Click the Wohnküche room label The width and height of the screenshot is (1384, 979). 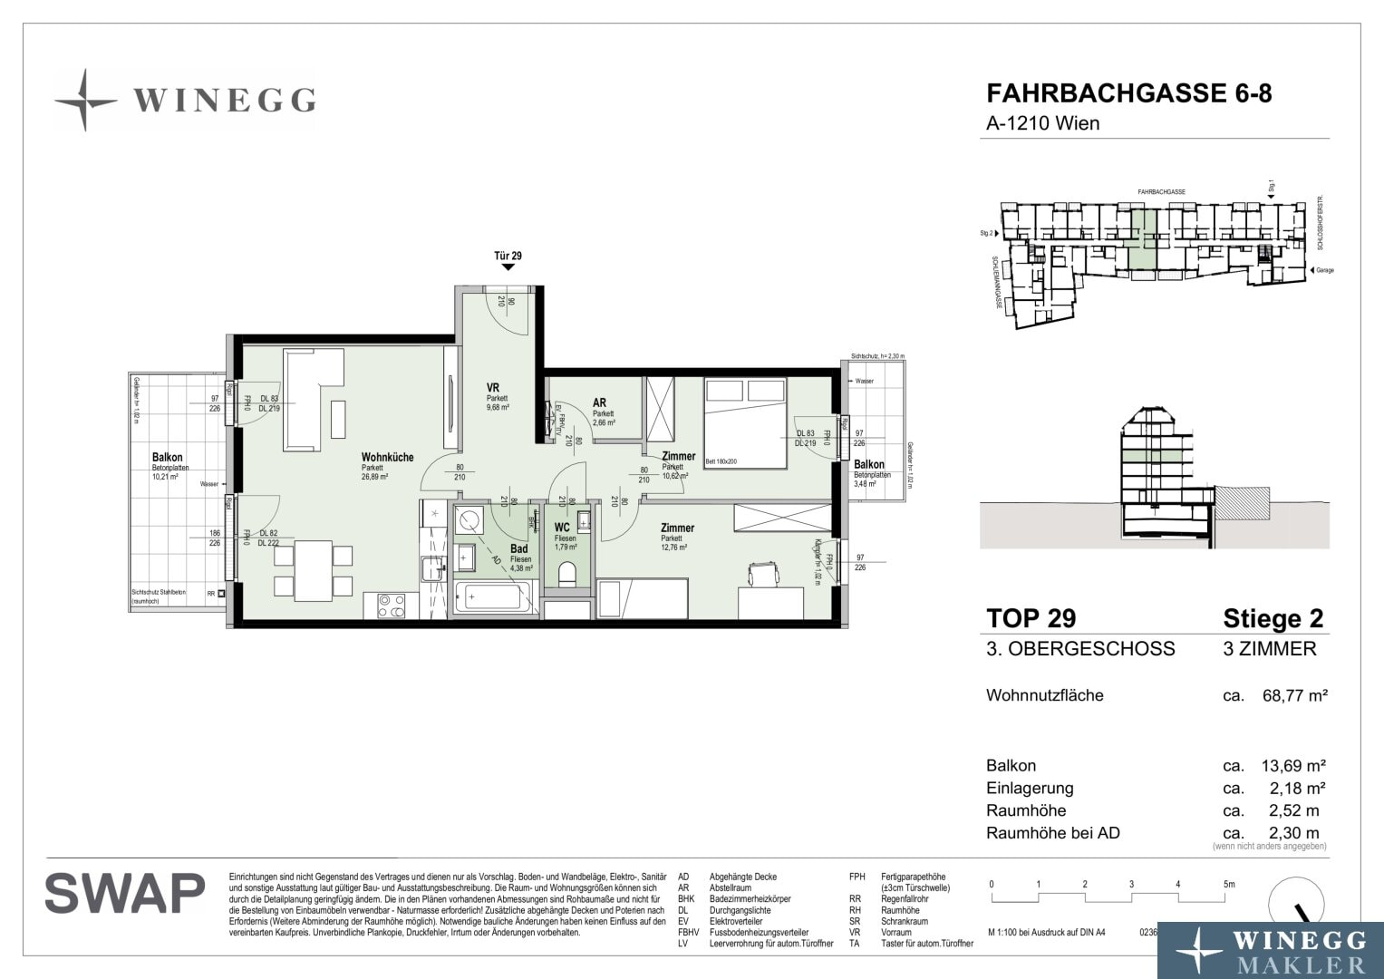tap(387, 457)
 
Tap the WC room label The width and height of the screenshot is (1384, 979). tap(562, 527)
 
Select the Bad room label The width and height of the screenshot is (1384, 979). tap(519, 548)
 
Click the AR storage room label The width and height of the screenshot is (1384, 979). tap(599, 402)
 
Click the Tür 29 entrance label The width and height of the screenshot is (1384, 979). tap(508, 256)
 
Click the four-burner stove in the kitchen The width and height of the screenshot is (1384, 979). tap(391, 606)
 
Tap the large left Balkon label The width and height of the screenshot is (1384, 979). tap(167, 458)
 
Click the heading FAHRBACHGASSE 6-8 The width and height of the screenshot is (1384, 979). tap(1128, 94)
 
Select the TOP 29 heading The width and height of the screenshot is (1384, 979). tap(1031, 618)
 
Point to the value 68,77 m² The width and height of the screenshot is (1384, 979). tap(1294, 696)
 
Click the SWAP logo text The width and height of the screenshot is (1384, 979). tap(125, 894)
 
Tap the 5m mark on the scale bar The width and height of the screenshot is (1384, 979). tap(1228, 884)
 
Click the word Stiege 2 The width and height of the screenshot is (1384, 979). tap(1273, 618)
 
